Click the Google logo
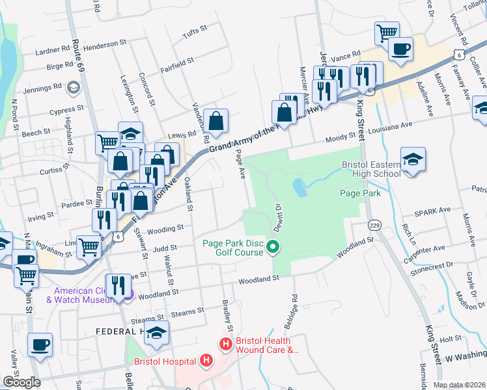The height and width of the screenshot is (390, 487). pos(21,382)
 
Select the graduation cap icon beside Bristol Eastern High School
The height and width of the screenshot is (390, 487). pos(413,160)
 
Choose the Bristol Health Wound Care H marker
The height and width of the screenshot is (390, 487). pos(226,344)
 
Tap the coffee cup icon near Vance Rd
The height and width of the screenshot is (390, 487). pos(400,49)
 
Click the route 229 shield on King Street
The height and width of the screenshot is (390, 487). pos(374,224)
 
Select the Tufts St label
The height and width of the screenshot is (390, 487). pos(194,30)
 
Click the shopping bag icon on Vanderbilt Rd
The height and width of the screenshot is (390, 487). pos(216,121)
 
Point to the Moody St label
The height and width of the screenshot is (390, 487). pos(344,136)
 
